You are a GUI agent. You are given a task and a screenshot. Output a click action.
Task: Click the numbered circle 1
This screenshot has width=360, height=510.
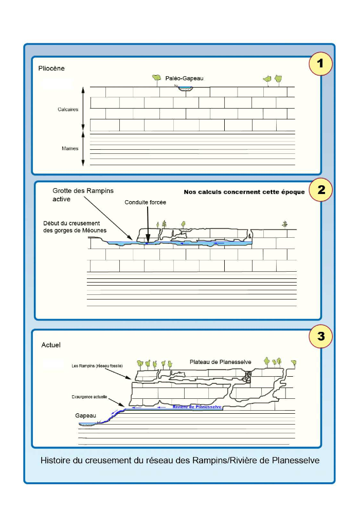320,64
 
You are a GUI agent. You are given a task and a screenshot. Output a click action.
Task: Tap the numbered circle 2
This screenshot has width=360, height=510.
321,189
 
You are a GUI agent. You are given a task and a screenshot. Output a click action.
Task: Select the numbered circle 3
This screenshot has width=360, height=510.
321,337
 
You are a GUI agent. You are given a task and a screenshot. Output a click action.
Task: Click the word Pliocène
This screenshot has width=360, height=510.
51,68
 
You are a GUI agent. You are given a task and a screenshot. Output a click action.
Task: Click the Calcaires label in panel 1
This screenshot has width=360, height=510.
68,109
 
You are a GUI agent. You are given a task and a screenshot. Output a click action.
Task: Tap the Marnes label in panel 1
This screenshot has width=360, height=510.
70,148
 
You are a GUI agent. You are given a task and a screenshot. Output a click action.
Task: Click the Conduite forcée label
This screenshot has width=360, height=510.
145,202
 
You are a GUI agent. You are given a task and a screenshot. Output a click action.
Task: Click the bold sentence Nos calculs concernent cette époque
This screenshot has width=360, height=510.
244,192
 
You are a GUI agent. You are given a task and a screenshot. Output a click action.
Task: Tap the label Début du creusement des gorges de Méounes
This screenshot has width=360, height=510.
75,226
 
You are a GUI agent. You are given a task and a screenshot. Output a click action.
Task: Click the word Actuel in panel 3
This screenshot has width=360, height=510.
51,345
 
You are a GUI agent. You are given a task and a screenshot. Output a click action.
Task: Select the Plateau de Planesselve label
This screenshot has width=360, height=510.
221,362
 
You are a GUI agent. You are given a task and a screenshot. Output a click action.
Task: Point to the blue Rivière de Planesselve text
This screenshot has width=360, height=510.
197,407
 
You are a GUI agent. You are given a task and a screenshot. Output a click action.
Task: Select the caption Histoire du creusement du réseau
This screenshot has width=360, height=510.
180,460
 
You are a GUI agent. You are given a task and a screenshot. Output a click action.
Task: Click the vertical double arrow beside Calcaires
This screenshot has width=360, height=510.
83,109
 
